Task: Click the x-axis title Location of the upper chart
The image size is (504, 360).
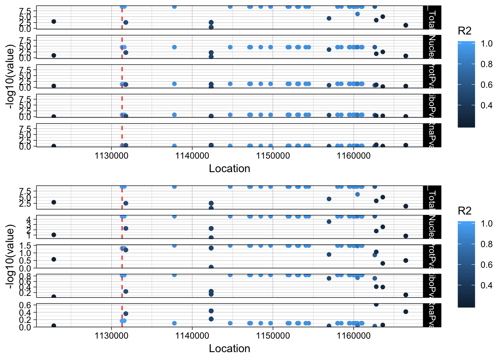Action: [229, 169]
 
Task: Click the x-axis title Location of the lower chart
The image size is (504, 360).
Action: [229, 349]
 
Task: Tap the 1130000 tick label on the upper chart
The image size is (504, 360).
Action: [111, 155]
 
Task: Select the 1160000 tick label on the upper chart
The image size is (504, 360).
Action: [354, 155]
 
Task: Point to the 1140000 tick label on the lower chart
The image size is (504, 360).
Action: [192, 335]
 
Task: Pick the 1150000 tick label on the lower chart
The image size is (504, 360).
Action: [273, 335]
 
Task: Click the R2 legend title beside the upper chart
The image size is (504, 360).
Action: [465, 31]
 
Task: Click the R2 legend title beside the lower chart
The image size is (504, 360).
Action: [465, 211]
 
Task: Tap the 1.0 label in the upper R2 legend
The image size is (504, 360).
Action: [487, 44]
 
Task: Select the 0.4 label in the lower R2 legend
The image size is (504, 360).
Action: [487, 285]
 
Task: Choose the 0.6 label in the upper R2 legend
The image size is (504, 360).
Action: [487, 85]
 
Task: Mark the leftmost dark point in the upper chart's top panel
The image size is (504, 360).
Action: [54, 21]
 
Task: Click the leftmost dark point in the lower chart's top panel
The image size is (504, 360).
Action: [54, 202]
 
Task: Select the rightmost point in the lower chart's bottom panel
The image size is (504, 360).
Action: [406, 312]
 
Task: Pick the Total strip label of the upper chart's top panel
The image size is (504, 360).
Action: [432, 18]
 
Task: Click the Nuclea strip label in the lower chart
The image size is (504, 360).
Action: [432, 227]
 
